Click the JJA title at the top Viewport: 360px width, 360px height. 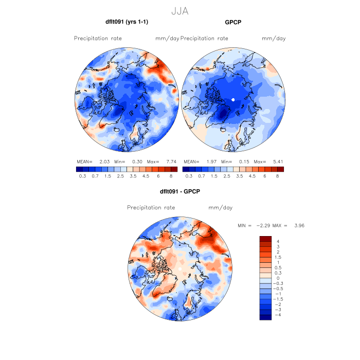[179, 10]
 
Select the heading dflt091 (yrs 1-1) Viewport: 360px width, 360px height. [127, 22]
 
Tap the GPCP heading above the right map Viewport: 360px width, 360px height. [233, 22]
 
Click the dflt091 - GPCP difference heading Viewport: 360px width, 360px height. [179, 191]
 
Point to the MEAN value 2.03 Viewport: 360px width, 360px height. [105, 161]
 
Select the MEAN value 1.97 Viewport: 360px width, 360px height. [211, 161]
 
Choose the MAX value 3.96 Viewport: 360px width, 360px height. [299, 225]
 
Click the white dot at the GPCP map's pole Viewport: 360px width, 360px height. [233, 99]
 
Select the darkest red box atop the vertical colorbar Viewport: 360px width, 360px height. [265, 239]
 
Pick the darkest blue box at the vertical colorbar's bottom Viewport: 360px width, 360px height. [265, 317]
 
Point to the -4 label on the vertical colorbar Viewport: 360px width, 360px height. [278, 315]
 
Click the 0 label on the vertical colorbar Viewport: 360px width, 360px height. [278, 278]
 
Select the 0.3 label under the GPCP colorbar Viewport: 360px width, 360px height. [188, 176]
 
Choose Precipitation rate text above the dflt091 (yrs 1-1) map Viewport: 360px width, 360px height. [98, 39]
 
